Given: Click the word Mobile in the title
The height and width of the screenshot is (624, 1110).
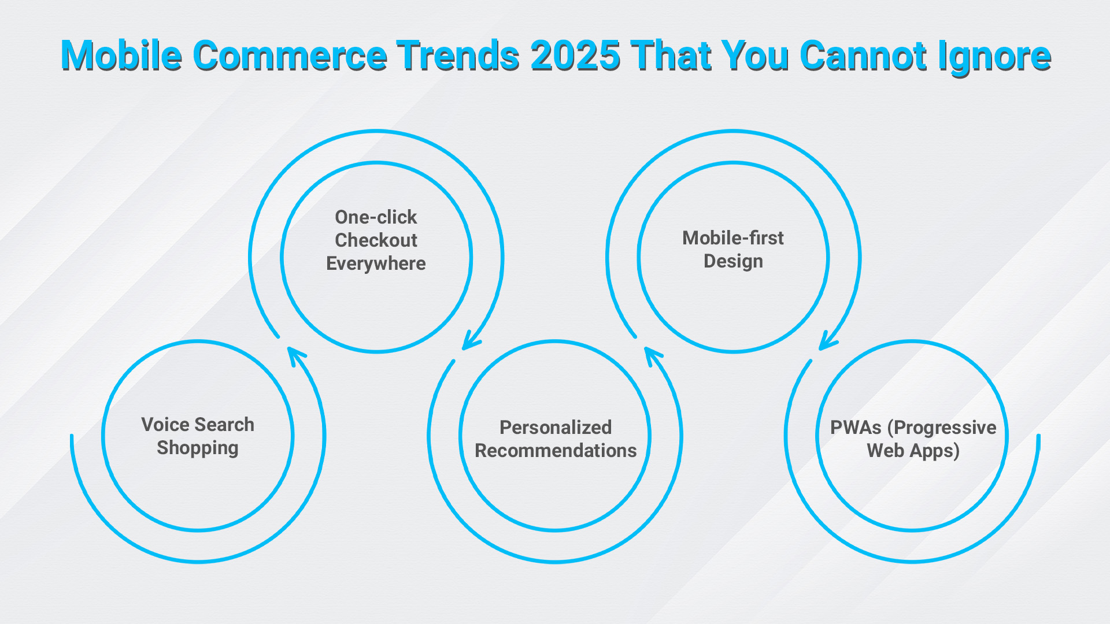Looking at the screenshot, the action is click(121, 55).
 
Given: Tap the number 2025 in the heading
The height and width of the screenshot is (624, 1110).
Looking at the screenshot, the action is click(575, 55).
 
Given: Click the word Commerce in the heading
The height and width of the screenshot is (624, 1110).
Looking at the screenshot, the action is click(290, 55).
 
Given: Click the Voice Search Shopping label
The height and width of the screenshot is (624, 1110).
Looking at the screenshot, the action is click(198, 436).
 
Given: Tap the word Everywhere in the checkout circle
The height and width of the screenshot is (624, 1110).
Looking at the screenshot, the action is click(376, 263).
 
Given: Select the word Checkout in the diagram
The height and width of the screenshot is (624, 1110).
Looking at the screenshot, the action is click(376, 240).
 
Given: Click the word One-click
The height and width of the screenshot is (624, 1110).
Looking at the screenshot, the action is click(376, 217).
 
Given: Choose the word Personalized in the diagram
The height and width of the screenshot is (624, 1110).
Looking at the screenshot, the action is click(556, 428).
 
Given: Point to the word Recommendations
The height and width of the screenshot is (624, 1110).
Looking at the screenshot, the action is click(556, 450).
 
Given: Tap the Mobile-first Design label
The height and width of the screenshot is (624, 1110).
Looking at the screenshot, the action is click(733, 249).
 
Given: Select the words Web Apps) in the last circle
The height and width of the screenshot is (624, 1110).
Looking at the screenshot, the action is click(913, 451).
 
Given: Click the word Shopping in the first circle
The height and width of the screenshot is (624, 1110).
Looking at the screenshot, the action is click(198, 448).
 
